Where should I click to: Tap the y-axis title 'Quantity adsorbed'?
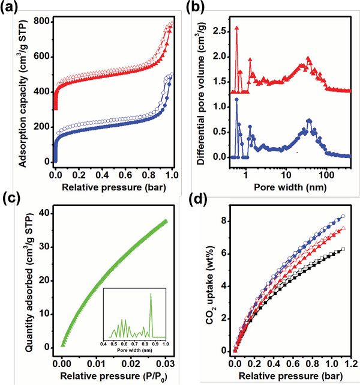click(25, 282)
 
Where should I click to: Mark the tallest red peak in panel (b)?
click(237, 28)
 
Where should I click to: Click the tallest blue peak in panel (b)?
click(237, 99)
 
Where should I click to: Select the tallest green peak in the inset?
click(151, 294)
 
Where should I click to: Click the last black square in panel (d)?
click(343, 249)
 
